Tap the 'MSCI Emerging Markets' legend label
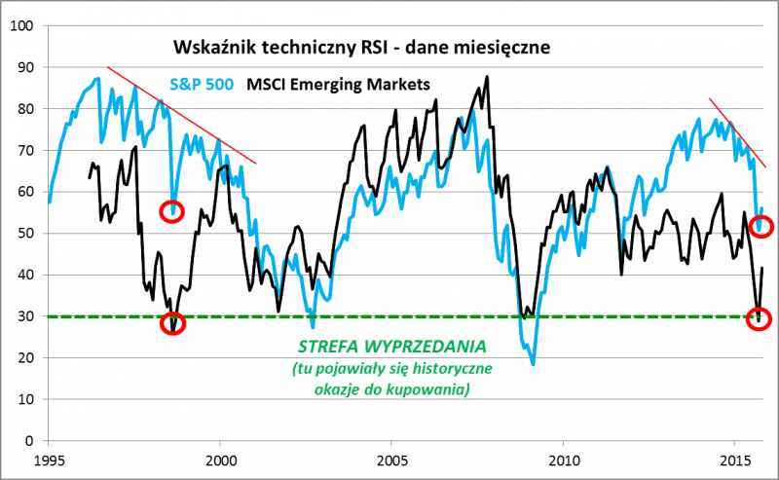[338, 85]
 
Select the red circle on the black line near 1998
[174, 324]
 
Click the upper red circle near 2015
[760, 226]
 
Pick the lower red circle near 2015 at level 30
[760, 318]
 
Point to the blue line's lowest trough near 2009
[534, 364]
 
